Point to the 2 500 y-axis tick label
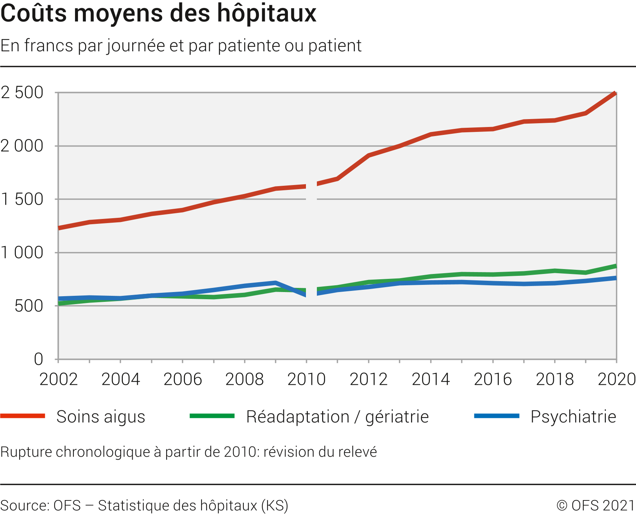[22, 93]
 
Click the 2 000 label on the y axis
[22, 146]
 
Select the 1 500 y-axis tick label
[22, 199]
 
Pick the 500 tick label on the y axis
[29, 306]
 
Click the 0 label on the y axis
[38, 359]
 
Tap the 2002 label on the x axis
[58, 379]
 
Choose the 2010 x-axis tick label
[306, 379]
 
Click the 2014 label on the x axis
[431, 379]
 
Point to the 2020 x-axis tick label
[616, 379]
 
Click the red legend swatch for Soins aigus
[23, 416]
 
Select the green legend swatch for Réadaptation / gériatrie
[212, 416]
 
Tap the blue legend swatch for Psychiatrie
[497, 416]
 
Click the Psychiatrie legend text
[573, 417]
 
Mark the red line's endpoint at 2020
[615, 93]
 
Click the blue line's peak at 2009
[276, 283]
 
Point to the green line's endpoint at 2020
[616, 266]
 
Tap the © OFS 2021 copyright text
[596, 505]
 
